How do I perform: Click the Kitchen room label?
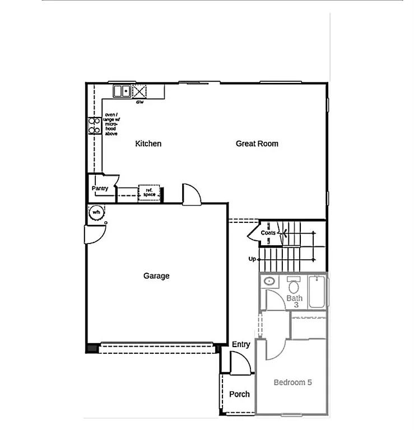[148, 144]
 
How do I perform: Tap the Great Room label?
[257, 144]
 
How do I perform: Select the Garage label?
[156, 275]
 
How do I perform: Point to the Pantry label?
[100, 189]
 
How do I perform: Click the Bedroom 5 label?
[292, 382]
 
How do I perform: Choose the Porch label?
[239, 394]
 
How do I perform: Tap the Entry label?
[241, 344]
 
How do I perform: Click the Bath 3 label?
[295, 301]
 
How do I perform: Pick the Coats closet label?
[268, 232]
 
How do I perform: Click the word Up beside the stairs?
[252, 259]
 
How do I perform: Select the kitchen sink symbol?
[122, 91]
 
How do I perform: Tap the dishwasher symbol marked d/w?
[139, 91]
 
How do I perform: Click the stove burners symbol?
[94, 125]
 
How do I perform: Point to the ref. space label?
[149, 193]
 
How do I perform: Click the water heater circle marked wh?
[96, 212]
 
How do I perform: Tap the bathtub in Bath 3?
[317, 291]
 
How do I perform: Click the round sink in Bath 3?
[269, 281]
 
